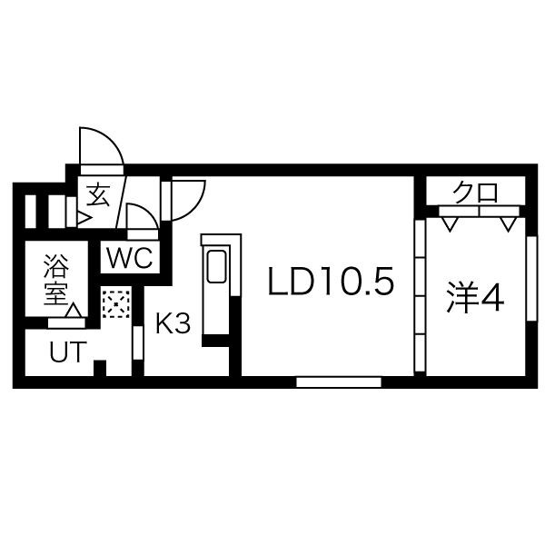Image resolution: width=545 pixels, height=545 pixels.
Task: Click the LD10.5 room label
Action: (331, 283)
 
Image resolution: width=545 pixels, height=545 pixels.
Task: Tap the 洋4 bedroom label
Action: (473, 297)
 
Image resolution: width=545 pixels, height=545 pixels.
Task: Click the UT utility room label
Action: (62, 352)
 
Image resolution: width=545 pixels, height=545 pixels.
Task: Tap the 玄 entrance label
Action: (97, 195)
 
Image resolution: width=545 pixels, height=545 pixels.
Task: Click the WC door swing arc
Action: (142, 219)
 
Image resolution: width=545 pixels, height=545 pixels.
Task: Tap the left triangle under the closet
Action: (448, 221)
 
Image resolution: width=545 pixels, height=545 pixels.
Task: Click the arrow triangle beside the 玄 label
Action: (83, 219)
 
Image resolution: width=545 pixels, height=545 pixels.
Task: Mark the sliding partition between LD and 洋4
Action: (420, 295)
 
